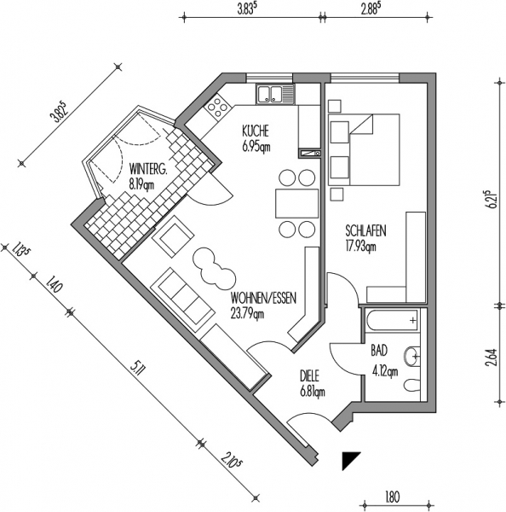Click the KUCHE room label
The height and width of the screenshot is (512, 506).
[x=256, y=131]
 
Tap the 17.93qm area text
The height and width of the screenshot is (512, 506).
[x=360, y=246]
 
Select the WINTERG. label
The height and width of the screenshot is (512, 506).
[x=148, y=170]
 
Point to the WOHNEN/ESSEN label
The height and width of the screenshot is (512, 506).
[x=263, y=298]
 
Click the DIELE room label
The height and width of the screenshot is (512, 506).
[x=310, y=376]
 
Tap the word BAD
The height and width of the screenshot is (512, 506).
[x=379, y=351]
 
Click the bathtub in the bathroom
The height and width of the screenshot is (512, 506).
[x=392, y=320]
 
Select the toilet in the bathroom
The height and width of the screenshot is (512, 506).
[x=412, y=386]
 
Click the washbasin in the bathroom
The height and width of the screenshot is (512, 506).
[x=412, y=356]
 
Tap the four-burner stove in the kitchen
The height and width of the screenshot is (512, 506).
[x=217, y=108]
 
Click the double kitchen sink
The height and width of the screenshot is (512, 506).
[x=275, y=94]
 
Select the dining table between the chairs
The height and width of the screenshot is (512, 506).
[x=296, y=203]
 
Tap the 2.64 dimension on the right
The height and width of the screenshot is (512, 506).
[x=492, y=358]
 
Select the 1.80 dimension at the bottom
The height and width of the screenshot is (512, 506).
[x=392, y=497]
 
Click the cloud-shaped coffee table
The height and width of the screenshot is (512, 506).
[x=214, y=268]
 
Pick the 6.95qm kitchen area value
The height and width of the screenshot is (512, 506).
[x=256, y=147]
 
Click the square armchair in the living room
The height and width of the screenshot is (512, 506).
[x=174, y=236]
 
